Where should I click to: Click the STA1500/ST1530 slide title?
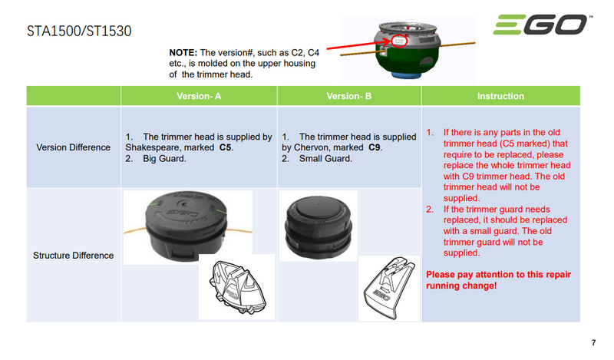[x=79, y=31]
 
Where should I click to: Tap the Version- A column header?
[x=199, y=96]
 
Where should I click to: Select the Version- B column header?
[x=349, y=96]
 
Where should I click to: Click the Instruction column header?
[x=500, y=96]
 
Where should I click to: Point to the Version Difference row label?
[x=73, y=147]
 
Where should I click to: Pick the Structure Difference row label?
[x=73, y=256]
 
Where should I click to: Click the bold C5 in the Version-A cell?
[x=225, y=147]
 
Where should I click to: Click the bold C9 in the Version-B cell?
[x=375, y=147]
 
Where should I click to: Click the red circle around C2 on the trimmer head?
[x=399, y=41]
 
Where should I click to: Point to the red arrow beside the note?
[x=359, y=45]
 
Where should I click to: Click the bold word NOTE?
[x=183, y=52]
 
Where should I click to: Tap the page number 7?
[x=593, y=343]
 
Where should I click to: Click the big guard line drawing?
[x=237, y=288]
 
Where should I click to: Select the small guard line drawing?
[x=389, y=289]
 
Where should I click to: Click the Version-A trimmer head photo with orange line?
[x=187, y=226]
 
